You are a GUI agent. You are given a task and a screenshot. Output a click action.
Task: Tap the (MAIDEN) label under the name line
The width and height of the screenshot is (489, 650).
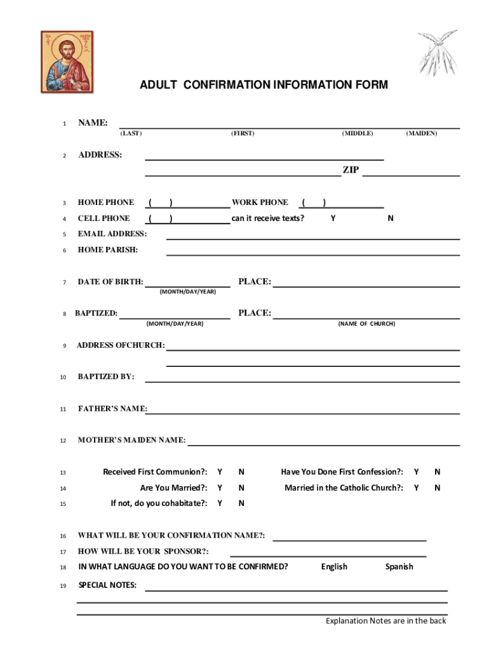coord(422,133)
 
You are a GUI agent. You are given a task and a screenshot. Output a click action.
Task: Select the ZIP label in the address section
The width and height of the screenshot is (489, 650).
coord(351,170)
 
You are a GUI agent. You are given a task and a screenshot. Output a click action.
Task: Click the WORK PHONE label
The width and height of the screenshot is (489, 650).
coord(260,202)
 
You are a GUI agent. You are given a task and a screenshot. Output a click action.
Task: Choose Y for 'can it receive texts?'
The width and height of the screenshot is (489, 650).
coord(333,218)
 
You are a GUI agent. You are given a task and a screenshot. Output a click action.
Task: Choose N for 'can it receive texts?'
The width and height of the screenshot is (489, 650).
coord(391,218)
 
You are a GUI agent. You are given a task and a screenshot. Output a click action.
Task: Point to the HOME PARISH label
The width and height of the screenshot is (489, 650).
coord(107,250)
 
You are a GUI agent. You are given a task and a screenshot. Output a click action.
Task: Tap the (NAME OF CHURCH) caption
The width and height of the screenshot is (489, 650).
coord(366,324)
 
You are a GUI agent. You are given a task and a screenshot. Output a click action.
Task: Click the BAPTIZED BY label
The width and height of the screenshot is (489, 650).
coord(106,377)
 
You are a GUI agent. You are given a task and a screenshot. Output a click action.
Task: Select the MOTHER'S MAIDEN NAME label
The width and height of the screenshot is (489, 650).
coord(131,441)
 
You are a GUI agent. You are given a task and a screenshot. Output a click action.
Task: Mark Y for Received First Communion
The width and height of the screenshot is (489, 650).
coord(220,472)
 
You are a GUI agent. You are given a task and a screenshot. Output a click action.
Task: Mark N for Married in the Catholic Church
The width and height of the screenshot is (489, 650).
coord(437,488)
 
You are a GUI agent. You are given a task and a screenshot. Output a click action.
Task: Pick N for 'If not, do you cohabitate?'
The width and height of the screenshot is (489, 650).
coord(241,504)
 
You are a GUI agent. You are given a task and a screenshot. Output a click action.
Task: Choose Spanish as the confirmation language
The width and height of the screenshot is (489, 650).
coord(399,567)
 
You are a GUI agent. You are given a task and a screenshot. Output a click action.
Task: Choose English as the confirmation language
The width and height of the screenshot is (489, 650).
coord(334,567)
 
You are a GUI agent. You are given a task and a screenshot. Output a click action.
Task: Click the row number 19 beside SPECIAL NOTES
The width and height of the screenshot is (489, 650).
coord(63,586)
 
